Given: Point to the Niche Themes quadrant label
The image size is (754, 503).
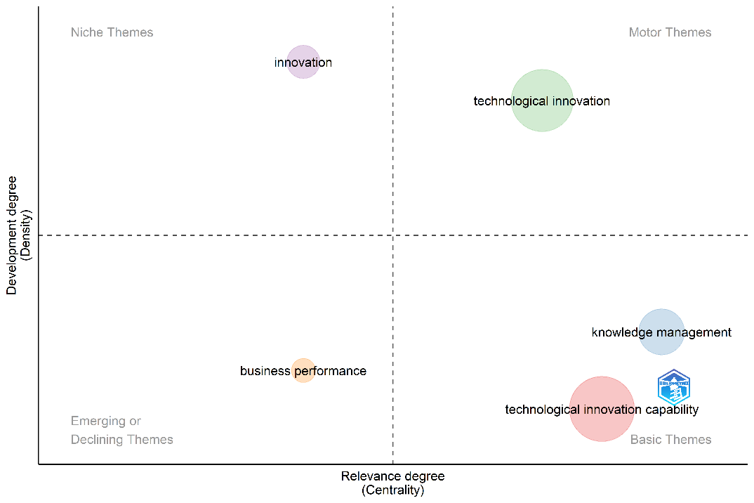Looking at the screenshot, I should pyautogui.click(x=112, y=32).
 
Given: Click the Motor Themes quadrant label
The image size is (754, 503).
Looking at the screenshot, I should pyautogui.click(x=670, y=32).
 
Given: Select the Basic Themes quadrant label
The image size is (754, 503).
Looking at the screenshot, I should pyautogui.click(x=670, y=440).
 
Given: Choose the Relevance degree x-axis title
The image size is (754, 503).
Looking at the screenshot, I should pyautogui.click(x=392, y=476).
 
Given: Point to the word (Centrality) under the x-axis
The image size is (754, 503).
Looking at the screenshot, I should pyautogui.click(x=392, y=490).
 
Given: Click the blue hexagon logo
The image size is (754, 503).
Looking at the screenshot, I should pyautogui.click(x=674, y=388).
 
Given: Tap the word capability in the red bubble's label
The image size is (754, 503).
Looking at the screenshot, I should pyautogui.click(x=672, y=410).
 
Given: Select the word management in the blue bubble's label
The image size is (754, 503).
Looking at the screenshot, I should pyautogui.click(x=694, y=333).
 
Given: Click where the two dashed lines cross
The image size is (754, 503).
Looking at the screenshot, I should pyautogui.click(x=392, y=235).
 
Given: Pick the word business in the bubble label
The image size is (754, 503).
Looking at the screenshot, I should pyautogui.click(x=265, y=371).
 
